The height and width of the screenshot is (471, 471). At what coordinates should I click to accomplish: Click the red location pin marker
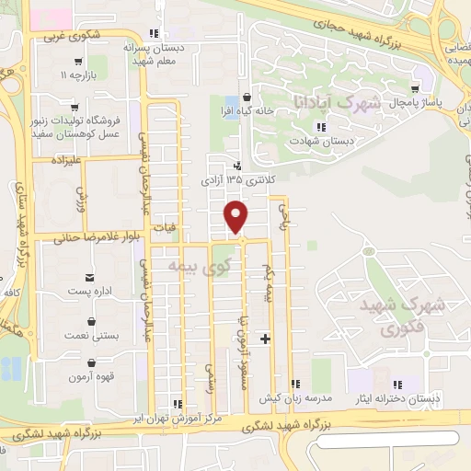coord(237,216)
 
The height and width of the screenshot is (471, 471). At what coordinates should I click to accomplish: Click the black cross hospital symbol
coord(266,339)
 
